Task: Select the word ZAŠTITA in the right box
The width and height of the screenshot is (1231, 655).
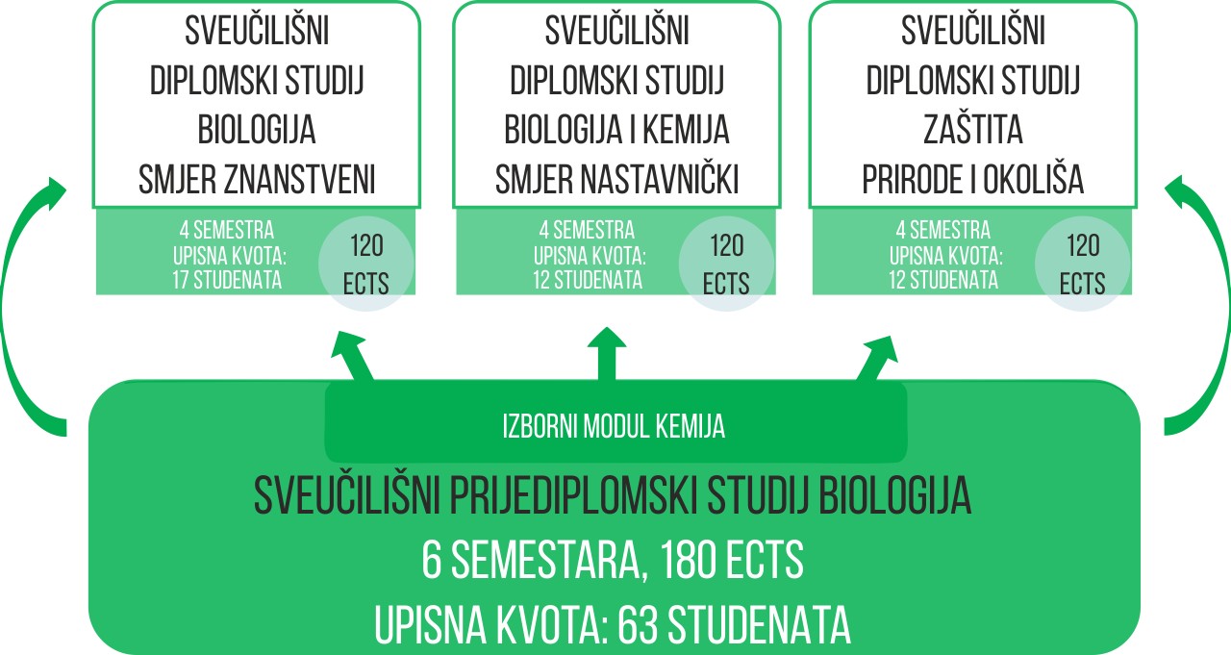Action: click(972, 130)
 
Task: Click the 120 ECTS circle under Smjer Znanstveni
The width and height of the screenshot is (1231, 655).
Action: click(366, 264)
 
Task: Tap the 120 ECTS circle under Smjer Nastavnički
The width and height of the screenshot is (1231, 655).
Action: click(726, 264)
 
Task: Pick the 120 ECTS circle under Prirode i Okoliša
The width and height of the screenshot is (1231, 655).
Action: click(1083, 264)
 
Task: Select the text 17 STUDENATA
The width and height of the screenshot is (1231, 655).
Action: click(227, 280)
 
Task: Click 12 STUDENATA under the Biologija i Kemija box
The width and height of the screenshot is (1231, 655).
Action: click(588, 280)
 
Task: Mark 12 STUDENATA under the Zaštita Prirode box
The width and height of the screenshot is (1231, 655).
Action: click(943, 280)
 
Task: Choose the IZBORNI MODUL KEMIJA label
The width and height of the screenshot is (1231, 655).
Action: click(614, 426)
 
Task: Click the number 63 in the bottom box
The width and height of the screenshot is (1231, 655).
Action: click(638, 625)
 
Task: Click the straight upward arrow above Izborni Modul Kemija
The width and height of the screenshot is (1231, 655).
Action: click(607, 353)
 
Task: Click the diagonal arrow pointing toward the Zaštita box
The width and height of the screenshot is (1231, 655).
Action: click(877, 358)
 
